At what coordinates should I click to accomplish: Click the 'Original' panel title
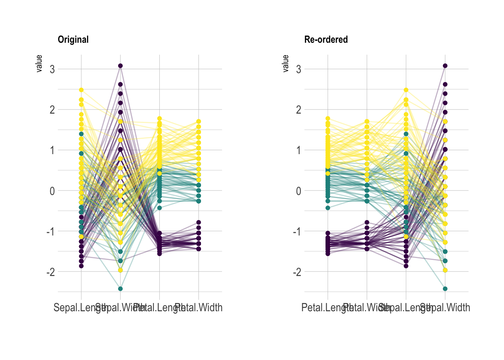[73, 39]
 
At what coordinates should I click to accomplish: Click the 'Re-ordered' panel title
[326, 39]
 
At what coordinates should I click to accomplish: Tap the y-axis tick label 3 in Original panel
[52, 69]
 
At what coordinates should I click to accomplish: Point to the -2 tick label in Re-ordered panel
[297, 271]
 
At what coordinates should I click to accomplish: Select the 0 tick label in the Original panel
[52, 190]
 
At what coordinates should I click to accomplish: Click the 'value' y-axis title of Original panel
[39, 63]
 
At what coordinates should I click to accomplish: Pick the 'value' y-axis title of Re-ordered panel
[286, 63]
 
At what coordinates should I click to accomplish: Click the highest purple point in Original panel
[120, 66]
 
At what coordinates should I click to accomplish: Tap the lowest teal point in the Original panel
[120, 289]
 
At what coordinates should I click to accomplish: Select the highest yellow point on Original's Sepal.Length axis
[81, 90]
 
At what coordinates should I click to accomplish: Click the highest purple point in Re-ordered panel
[445, 66]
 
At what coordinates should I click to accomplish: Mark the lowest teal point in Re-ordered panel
[445, 289]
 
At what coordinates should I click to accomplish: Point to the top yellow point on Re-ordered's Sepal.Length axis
[406, 90]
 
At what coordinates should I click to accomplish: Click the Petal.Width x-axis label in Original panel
[199, 308]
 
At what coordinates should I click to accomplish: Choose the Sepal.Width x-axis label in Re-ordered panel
[445, 308]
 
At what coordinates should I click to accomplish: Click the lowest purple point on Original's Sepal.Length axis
[81, 266]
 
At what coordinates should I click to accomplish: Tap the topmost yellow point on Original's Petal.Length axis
[159, 118]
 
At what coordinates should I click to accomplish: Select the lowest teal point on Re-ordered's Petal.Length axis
[328, 208]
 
